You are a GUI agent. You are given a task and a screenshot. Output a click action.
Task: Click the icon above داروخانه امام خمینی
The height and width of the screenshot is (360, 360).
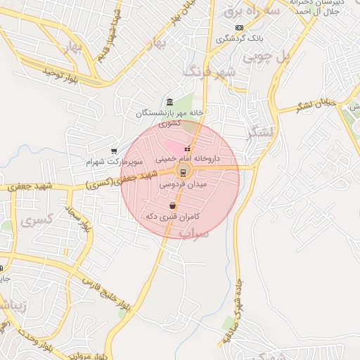(188, 148)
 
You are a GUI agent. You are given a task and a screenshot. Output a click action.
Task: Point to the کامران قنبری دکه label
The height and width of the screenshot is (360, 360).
(169, 217)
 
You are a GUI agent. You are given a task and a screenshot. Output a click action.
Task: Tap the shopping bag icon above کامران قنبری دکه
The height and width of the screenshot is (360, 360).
(173, 206)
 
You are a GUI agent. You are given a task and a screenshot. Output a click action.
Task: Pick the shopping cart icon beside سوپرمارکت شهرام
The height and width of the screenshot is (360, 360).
(114, 150)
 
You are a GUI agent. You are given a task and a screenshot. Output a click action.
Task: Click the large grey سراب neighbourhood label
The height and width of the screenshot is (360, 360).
(196, 235)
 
